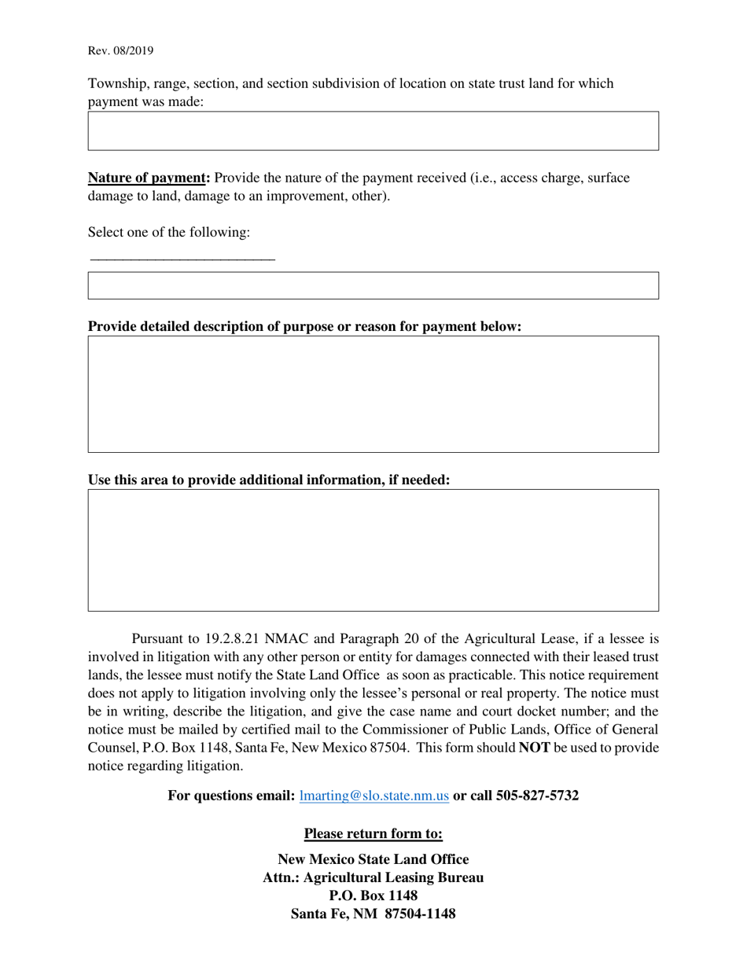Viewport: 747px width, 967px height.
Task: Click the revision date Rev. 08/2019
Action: (x=120, y=51)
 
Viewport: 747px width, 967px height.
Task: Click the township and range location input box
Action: (x=373, y=131)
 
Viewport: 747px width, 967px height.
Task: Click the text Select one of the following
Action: (x=169, y=232)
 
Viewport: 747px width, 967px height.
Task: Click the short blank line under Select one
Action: (x=182, y=259)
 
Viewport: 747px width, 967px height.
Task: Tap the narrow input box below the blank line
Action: (x=373, y=285)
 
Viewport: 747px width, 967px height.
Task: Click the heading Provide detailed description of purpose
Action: (x=304, y=326)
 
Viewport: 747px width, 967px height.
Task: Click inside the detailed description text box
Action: (x=373, y=394)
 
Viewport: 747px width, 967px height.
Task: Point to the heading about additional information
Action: (x=269, y=480)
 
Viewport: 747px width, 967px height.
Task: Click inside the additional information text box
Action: (x=373, y=550)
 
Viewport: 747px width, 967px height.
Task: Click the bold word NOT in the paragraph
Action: (x=535, y=748)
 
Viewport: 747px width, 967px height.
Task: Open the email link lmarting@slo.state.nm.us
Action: (x=374, y=796)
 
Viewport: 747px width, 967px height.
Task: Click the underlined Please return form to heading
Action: (x=373, y=833)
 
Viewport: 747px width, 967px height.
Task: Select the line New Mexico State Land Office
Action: (x=373, y=859)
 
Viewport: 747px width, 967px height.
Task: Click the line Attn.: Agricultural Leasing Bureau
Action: (x=373, y=877)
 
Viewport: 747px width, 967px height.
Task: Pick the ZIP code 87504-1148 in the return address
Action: (x=419, y=914)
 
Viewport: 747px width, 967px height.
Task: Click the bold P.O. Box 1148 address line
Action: (x=373, y=895)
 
